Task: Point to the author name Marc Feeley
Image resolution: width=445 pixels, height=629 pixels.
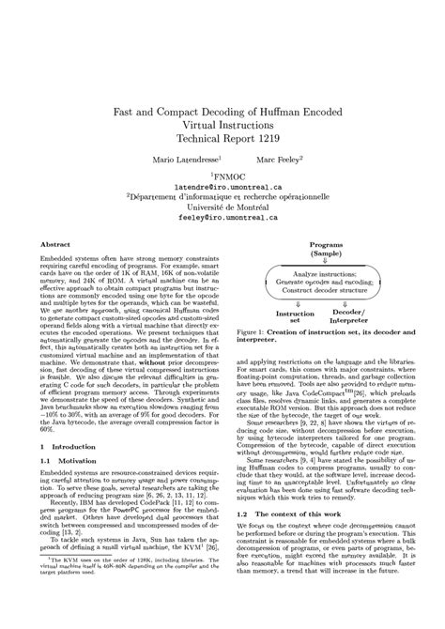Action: [280, 161]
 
